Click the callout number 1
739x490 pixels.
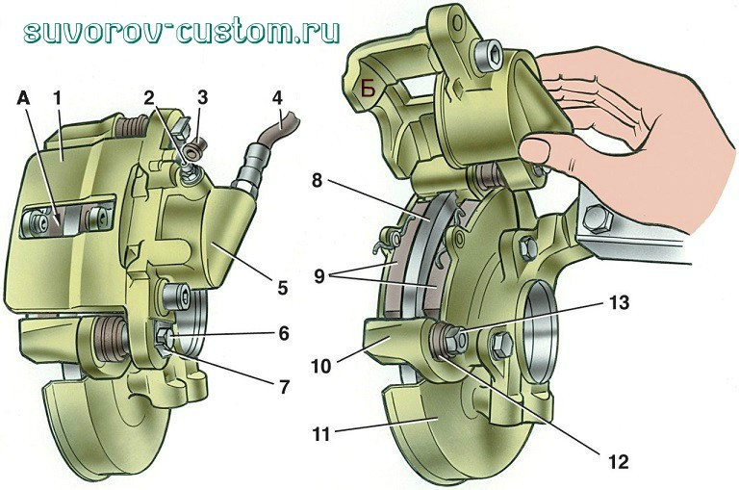pyautogui.click(x=59, y=98)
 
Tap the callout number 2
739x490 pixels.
pyautogui.click(x=150, y=98)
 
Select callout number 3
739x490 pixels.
pyautogui.click(x=202, y=98)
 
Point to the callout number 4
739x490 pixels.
pyautogui.click(x=277, y=98)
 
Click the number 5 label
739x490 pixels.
pyautogui.click(x=283, y=286)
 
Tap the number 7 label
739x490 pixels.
pyautogui.click(x=283, y=387)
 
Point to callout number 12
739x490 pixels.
pyautogui.click(x=619, y=461)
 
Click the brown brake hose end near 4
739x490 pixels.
pyautogui.click(x=289, y=123)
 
